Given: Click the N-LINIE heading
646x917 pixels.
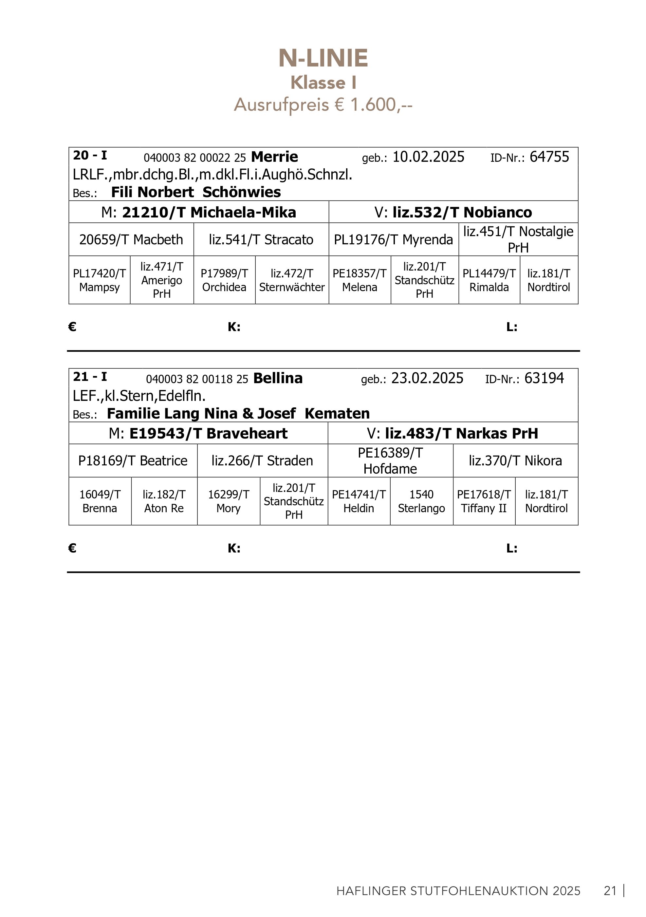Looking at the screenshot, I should coord(323,58).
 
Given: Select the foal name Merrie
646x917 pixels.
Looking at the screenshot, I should coord(274,157).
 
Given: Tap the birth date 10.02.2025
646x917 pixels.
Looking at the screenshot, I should coord(428,157).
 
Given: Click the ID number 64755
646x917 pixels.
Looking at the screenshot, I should coord(549,157).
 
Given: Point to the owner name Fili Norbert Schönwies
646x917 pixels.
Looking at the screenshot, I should coord(196,192).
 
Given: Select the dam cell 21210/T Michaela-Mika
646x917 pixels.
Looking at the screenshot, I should coord(198,212).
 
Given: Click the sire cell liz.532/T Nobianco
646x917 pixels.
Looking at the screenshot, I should coord(453,212).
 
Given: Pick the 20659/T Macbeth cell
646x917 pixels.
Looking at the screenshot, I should coord(131,240).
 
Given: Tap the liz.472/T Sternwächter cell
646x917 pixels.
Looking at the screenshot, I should coord(292,280).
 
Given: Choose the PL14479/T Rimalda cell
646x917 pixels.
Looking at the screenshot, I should coord(489,280).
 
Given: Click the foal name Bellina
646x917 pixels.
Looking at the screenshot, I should coord(278,378).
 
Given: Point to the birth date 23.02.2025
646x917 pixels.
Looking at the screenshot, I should coord(427,378).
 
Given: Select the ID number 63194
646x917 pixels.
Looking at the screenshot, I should coord(544,378).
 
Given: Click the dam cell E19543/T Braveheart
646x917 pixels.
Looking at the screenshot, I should coord(198,433).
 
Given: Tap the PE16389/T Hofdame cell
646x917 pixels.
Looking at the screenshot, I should coord(390,460).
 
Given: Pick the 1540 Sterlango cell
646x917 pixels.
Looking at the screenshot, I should coord(421,501).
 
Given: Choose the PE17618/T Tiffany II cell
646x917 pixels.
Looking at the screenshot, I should coord(484,501).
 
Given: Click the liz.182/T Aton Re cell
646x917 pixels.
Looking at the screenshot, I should coord(164,501).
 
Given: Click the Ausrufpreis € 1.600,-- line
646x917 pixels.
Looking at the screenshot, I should coord(323,105).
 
